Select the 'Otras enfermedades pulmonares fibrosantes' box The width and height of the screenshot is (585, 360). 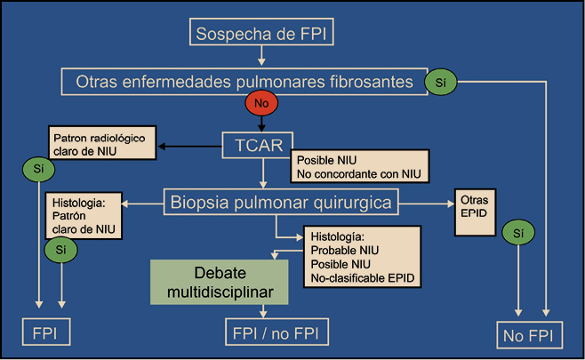tap(239, 82)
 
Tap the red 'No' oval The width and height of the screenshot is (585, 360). tap(261, 105)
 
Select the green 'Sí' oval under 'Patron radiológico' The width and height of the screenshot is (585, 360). tap(36, 168)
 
